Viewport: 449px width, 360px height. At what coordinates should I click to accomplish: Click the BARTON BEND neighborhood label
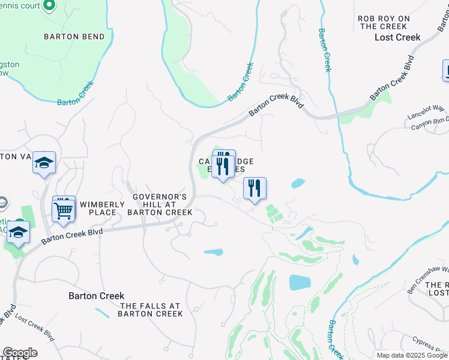pyautogui.click(x=74, y=37)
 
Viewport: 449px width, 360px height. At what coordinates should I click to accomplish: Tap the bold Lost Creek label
pyautogui.click(x=397, y=37)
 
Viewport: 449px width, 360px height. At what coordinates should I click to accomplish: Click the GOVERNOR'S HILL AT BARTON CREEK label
pyautogui.click(x=160, y=204)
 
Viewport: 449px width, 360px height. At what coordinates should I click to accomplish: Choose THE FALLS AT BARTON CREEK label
pyautogui.click(x=150, y=310)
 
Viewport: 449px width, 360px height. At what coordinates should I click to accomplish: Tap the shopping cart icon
pyautogui.click(x=64, y=210)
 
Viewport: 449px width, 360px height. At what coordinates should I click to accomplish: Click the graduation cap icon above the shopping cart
pyautogui.click(x=44, y=163)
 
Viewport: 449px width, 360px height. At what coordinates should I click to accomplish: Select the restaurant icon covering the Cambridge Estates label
pyautogui.click(x=223, y=166)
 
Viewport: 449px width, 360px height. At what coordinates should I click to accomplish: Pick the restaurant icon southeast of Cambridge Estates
pyautogui.click(x=255, y=188)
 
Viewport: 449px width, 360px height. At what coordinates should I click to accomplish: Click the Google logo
pyautogui.click(x=20, y=353)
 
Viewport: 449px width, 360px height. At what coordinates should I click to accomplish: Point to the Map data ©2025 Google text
pyautogui.click(x=412, y=355)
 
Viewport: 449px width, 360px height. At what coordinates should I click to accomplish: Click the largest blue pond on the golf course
pyautogui.click(x=299, y=282)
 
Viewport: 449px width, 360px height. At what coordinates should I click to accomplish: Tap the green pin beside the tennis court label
pyautogui.click(x=50, y=6)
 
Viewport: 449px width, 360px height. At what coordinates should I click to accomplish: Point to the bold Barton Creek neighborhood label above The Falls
pyautogui.click(x=96, y=296)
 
